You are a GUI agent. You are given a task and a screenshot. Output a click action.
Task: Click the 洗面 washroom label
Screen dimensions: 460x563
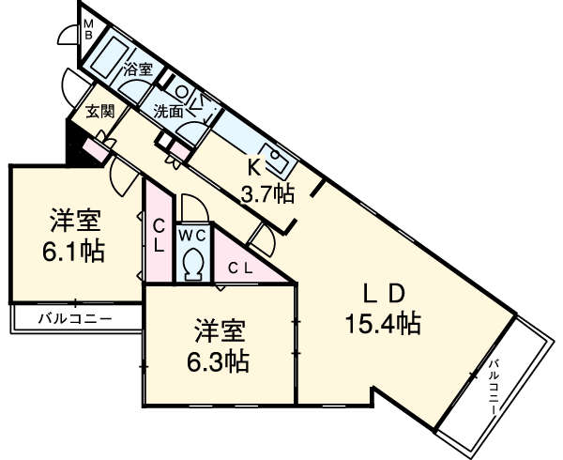tap(169, 108)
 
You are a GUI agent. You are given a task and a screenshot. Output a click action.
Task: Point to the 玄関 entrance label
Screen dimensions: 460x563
tap(100, 111)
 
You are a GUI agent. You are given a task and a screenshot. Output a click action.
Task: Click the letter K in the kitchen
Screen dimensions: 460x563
tap(253, 168)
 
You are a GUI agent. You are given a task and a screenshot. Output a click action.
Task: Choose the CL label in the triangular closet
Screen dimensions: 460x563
tap(241, 268)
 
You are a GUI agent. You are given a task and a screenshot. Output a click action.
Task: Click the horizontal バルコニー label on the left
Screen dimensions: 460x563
tap(75, 318)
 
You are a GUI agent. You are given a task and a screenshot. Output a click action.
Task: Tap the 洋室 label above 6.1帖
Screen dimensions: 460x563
tap(76, 223)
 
